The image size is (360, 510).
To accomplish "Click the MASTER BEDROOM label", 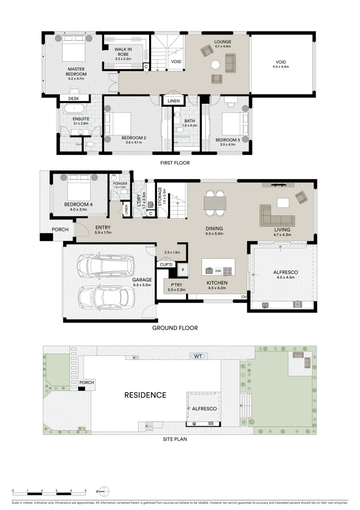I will (76, 71).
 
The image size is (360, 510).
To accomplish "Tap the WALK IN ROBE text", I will (124, 52).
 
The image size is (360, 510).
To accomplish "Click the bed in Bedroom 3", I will (232, 124).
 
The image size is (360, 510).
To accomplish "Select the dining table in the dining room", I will (215, 203).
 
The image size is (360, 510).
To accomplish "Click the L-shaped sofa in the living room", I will (277, 215).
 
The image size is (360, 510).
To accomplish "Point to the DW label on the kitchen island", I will (218, 271).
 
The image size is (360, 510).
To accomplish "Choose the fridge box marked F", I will (183, 270).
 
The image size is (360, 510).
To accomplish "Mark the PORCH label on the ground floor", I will (60, 230).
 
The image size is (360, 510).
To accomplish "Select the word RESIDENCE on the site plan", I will (145, 395).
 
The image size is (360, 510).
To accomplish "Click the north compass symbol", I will (104, 491).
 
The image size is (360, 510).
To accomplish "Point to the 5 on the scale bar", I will (85, 491).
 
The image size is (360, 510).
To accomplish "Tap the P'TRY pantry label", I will (177, 285).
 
